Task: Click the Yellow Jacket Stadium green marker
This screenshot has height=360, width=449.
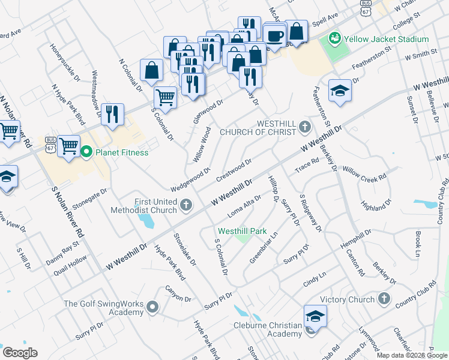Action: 334,39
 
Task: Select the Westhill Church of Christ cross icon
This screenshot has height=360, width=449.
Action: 304,127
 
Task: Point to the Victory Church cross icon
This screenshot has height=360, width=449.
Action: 384,299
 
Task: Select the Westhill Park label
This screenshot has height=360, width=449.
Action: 242,230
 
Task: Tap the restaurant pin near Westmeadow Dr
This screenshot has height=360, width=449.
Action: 112,113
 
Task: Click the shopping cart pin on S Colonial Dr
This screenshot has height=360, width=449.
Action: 165,97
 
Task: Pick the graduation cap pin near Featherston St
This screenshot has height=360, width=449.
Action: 340,91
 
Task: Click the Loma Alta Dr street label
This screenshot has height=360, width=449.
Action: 244,206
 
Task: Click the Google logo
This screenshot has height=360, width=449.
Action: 20,353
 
